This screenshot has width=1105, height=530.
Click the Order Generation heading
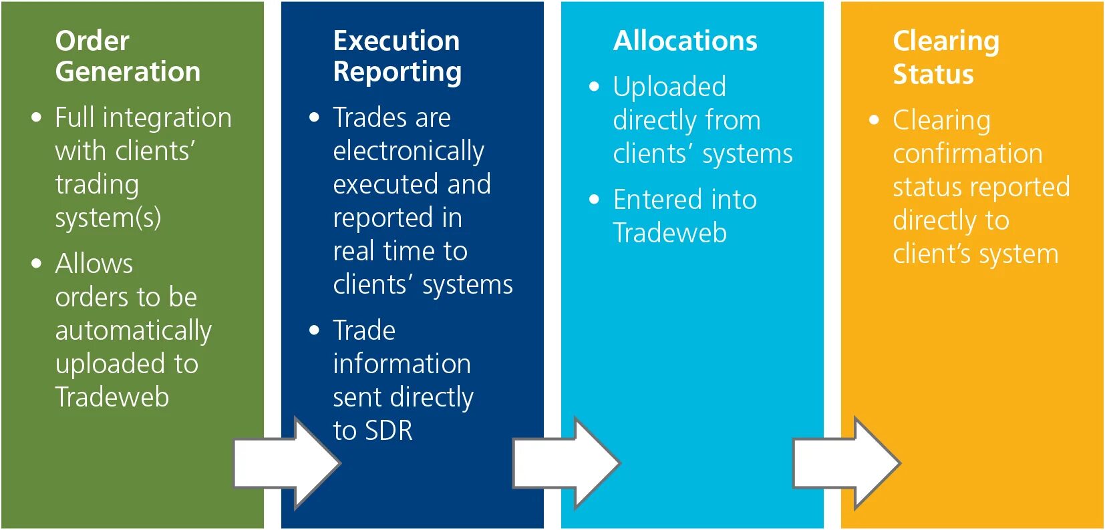click(128, 56)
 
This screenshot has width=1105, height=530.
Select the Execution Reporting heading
click(397, 56)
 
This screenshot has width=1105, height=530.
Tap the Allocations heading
click(685, 41)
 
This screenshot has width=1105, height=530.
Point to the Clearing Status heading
click(945, 57)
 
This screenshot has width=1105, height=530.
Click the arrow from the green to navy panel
click(287, 463)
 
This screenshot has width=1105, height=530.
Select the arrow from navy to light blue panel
click(567, 463)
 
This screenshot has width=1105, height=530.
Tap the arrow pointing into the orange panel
click(846, 463)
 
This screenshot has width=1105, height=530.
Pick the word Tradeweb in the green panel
click(112, 397)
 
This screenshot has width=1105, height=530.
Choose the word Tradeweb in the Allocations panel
click(670, 233)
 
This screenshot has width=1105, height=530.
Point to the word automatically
click(133, 331)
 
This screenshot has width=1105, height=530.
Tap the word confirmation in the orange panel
click(967, 154)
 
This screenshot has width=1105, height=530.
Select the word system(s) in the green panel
click(108, 218)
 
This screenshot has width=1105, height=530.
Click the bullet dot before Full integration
click(37, 118)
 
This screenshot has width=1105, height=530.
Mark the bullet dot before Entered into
click(595, 200)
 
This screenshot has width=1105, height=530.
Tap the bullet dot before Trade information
click(315, 330)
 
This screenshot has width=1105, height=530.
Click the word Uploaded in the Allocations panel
click(669, 87)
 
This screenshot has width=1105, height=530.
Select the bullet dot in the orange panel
click(875, 121)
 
